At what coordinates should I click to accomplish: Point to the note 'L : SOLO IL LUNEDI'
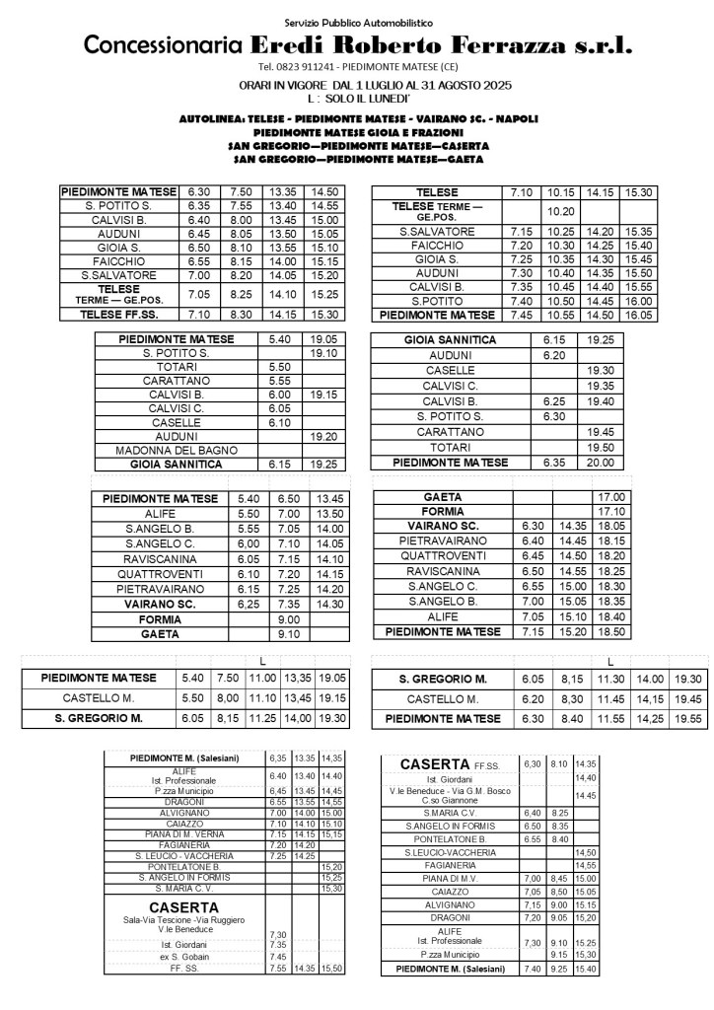pyautogui.click(x=358, y=100)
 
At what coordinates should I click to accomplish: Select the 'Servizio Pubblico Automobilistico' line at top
pyautogui.click(x=358, y=21)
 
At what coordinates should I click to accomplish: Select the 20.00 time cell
pyautogui.click(x=599, y=462)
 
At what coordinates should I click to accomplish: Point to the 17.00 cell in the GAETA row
pyautogui.click(x=612, y=497)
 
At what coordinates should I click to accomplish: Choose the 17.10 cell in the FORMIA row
pyautogui.click(x=612, y=512)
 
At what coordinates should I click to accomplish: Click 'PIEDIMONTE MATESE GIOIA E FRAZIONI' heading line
pyautogui.click(x=358, y=131)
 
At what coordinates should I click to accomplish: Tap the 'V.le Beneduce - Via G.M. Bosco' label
pyautogui.click(x=449, y=791)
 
